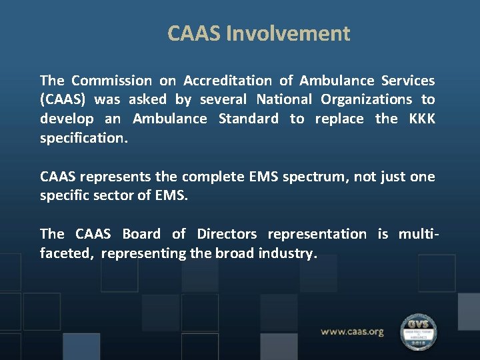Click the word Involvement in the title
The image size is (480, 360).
pyautogui.click(x=288, y=33)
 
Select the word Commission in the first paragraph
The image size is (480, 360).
pyautogui.click(x=111, y=81)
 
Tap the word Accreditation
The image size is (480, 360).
pyautogui.click(x=227, y=81)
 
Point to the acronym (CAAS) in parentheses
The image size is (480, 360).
pyautogui.click(x=63, y=100)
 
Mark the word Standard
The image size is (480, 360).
pyautogui.click(x=249, y=119)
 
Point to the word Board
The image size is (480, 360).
pyautogui.click(x=141, y=234)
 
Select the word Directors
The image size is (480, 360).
pyautogui.click(x=227, y=234)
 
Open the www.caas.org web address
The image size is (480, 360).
pyautogui.click(x=352, y=331)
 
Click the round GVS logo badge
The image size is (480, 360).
pyautogui.click(x=418, y=331)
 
